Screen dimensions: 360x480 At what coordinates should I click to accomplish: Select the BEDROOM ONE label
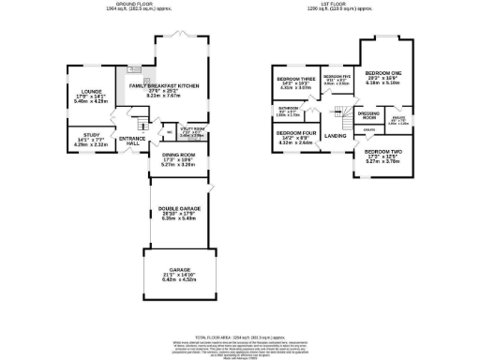(383, 72)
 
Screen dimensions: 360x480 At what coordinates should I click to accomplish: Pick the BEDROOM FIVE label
(337, 75)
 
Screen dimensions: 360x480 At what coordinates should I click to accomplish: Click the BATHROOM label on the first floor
(288, 109)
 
